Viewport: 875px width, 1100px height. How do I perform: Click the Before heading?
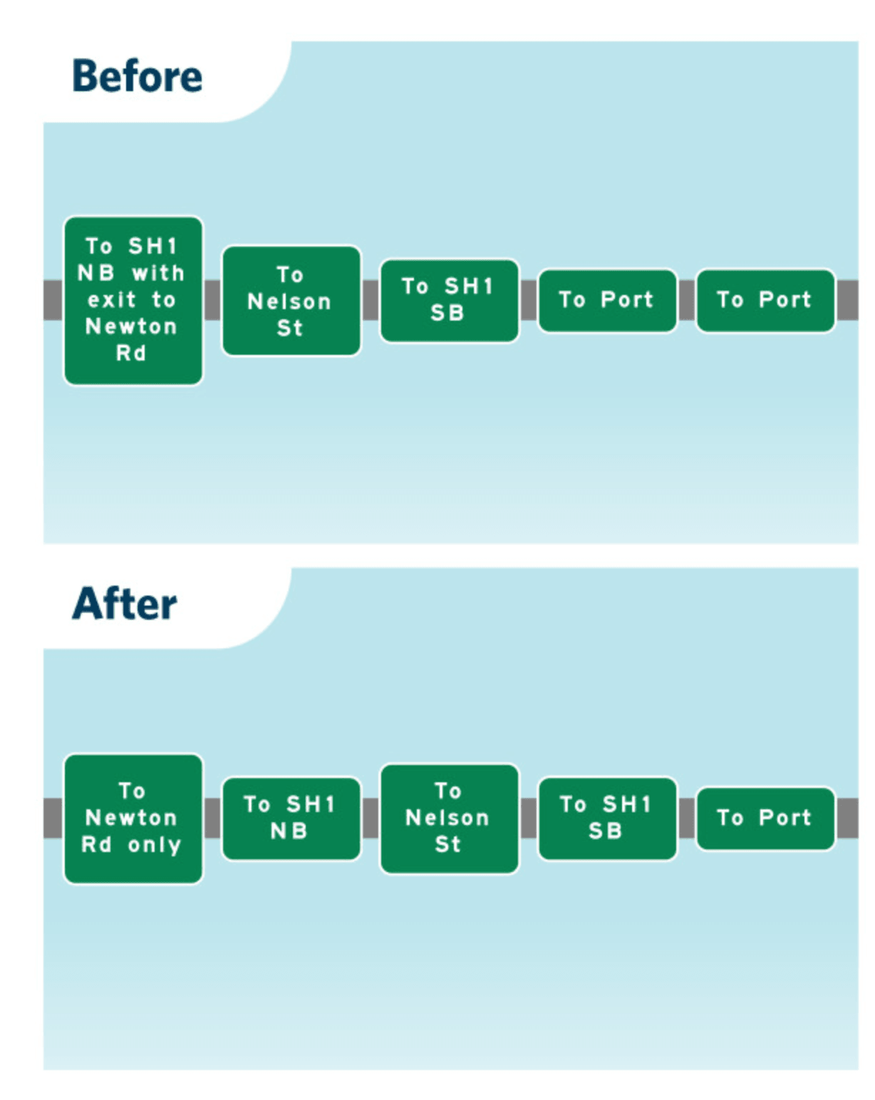click(x=137, y=76)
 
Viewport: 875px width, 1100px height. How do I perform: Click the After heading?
click(x=125, y=603)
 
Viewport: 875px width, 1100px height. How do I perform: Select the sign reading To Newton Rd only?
click(x=133, y=819)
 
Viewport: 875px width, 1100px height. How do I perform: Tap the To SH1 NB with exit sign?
click(x=133, y=300)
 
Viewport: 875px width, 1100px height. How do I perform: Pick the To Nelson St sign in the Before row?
click(x=291, y=301)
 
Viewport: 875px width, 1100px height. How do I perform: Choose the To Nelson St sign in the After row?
click(x=450, y=819)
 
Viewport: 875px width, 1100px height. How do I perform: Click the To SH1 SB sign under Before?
click(x=450, y=300)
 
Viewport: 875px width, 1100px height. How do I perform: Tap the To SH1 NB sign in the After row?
click(x=291, y=819)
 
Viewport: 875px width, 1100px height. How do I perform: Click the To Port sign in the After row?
click(x=765, y=819)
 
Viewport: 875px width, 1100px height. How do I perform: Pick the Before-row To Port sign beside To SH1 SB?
click(x=607, y=300)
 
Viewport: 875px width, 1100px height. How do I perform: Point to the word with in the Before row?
click(x=158, y=274)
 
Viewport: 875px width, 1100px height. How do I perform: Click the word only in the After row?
click(x=155, y=846)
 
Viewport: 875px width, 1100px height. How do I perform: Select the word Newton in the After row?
click(x=131, y=818)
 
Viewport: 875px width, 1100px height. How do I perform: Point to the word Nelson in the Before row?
click(x=289, y=301)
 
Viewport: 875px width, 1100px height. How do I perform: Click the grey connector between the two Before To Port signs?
click(x=686, y=300)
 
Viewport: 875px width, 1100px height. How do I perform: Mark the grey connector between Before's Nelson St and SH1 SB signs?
click(x=371, y=300)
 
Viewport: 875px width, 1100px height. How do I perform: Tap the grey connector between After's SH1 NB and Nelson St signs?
click(x=371, y=819)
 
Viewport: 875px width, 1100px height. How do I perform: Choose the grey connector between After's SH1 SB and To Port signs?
click(x=686, y=819)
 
